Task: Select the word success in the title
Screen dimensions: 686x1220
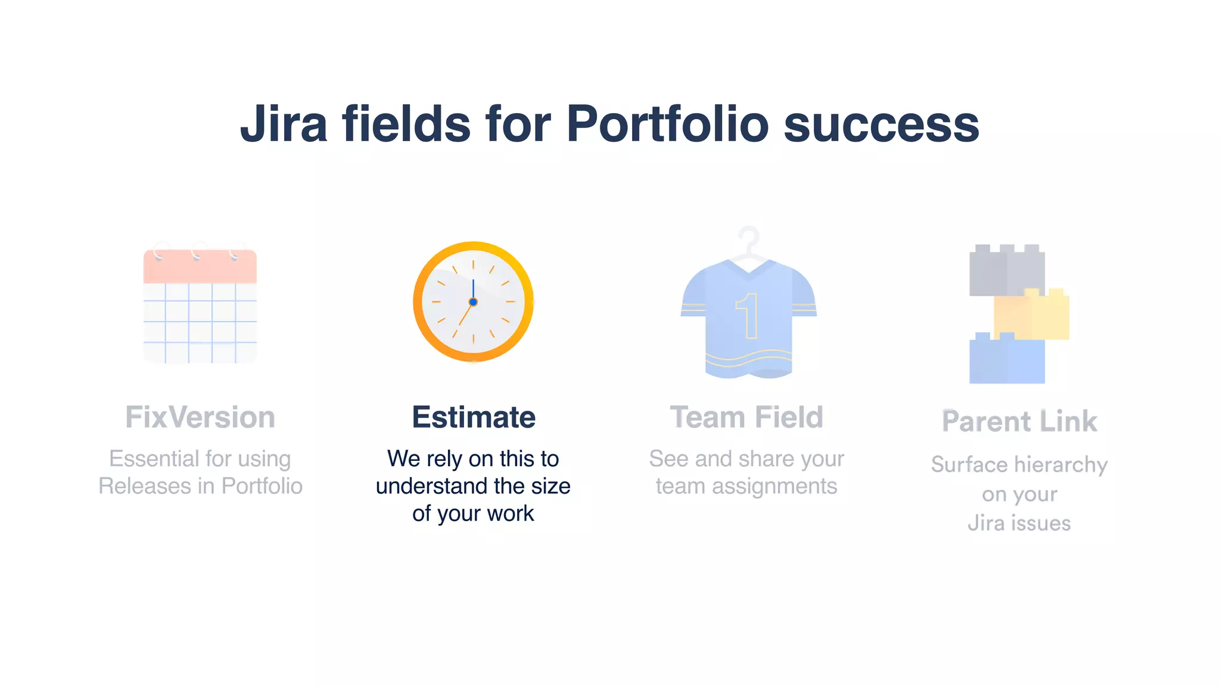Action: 881,125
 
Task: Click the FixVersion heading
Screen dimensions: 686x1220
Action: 200,417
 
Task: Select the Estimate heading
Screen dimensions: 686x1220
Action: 474,417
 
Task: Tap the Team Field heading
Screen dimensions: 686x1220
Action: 746,417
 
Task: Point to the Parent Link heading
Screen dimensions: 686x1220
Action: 1019,422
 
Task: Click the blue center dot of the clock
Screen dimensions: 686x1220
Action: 473,302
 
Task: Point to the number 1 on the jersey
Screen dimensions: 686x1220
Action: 748,316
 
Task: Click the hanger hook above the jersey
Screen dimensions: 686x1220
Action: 749,238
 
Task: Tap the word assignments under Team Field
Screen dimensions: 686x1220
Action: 774,487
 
